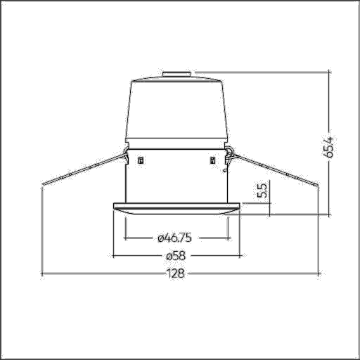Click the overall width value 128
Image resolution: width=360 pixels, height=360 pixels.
176,274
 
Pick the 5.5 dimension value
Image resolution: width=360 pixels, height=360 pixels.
262,190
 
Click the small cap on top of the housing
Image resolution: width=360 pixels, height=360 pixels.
176,74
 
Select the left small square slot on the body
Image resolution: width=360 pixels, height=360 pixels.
140,161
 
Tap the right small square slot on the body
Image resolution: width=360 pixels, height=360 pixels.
213,161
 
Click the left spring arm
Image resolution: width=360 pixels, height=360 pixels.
84,169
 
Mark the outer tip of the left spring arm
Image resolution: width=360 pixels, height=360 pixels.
44,185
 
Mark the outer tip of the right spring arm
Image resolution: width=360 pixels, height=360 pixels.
317,186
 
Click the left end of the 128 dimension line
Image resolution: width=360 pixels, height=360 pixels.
44,274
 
